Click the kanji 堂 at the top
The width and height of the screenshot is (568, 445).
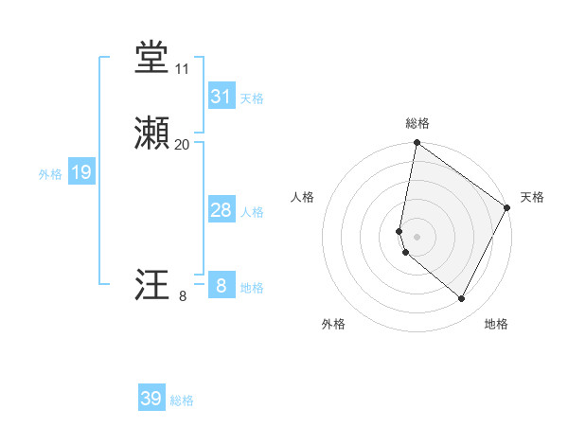pyautogui.click(x=151, y=59)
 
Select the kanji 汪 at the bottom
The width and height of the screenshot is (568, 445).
pyautogui.click(x=151, y=286)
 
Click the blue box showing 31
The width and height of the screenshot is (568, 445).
pyautogui.click(x=221, y=97)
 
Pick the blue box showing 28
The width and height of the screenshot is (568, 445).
pyautogui.click(x=221, y=210)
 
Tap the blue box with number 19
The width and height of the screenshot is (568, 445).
pyautogui.click(x=80, y=172)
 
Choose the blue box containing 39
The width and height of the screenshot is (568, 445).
pyautogui.click(x=151, y=399)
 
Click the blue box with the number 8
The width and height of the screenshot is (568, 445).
pyautogui.click(x=221, y=285)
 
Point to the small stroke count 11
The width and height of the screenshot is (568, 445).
pyautogui.click(x=183, y=69)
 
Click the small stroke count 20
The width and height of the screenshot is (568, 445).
pyautogui.click(x=183, y=145)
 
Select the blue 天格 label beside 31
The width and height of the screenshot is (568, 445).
pyautogui.click(x=252, y=98)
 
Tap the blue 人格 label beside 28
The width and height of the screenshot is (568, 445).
pyautogui.click(x=252, y=212)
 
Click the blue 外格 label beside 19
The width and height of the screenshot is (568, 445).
pyautogui.click(x=49, y=174)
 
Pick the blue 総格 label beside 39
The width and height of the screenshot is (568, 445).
pyautogui.click(x=182, y=400)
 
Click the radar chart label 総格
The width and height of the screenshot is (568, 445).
pyautogui.click(x=417, y=123)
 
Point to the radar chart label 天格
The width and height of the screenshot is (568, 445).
pyautogui.click(x=532, y=197)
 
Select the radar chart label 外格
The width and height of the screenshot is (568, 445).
pyautogui.click(x=333, y=324)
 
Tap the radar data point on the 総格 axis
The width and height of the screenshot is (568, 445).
pyautogui.click(x=417, y=144)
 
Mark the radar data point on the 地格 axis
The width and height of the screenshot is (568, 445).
pyautogui.click(x=462, y=299)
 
